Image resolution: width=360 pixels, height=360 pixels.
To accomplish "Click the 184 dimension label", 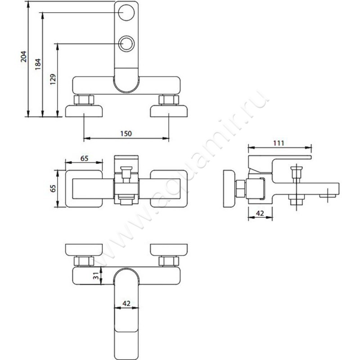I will pos(38,66).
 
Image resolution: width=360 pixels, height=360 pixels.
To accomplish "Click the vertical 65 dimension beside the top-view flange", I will pos(52,189).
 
